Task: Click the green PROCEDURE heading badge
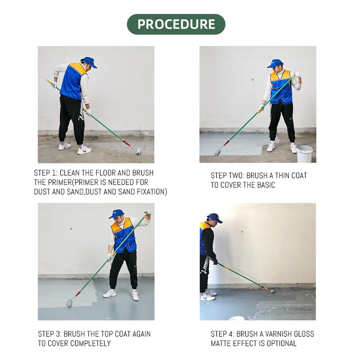click(176, 24)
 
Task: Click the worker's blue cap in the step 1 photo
click(90, 62)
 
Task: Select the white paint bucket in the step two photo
click(304, 154)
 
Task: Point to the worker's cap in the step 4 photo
click(215, 218)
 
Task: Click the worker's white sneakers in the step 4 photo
click(207, 295)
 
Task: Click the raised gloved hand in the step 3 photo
click(148, 213)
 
